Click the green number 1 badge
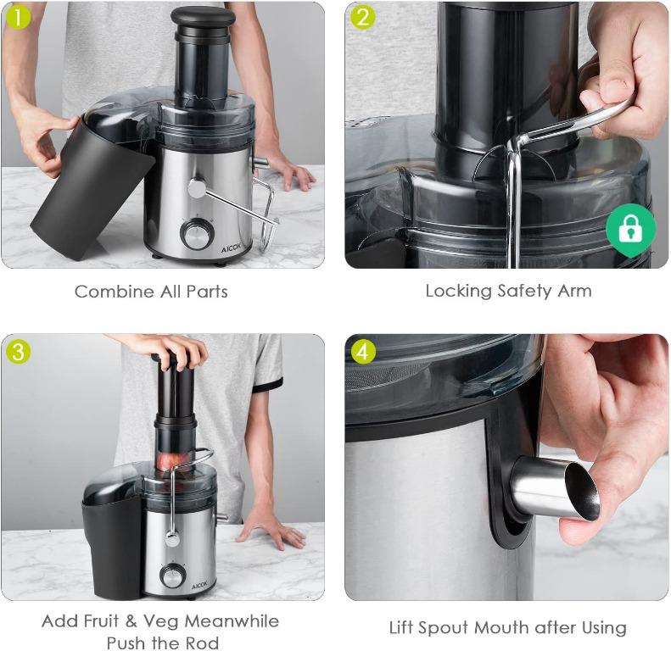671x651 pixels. pos(18,18)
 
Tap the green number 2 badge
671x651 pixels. pos(362,18)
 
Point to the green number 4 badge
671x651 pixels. pos(363,352)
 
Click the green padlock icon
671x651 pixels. pos(630,230)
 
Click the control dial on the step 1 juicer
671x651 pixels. pos(198,234)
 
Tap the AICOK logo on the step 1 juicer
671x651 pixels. pos(231,248)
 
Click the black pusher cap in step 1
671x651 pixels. pos(204,16)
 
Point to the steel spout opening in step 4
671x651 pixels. pos(582,492)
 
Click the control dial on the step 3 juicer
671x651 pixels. pos(172,576)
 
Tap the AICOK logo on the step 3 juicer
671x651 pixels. pos(199,585)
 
